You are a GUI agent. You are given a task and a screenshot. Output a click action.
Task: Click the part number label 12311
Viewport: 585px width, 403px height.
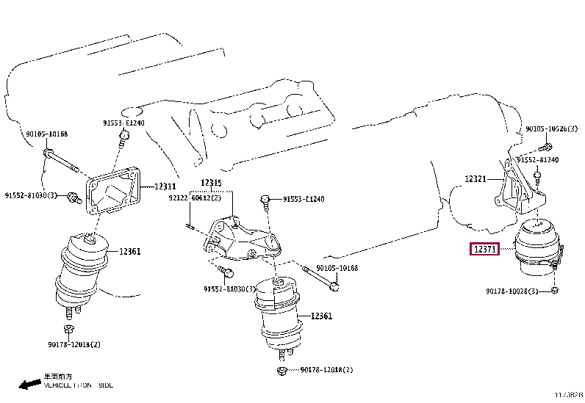click(x=166, y=187)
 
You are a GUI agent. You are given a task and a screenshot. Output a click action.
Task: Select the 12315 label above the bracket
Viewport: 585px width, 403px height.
click(x=212, y=183)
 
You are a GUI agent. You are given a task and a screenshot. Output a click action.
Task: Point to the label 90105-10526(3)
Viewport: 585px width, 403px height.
click(x=551, y=129)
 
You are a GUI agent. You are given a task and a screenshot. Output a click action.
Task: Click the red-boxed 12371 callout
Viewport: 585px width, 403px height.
click(x=486, y=250)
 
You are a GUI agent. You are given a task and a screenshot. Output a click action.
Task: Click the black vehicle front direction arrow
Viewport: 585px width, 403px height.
click(x=29, y=383)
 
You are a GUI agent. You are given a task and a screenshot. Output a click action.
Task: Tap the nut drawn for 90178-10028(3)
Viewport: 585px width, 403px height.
click(x=554, y=291)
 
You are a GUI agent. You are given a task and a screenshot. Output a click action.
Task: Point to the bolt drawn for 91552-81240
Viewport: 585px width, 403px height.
click(x=538, y=177)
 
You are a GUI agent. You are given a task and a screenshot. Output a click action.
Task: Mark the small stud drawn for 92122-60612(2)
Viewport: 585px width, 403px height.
click(x=190, y=225)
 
